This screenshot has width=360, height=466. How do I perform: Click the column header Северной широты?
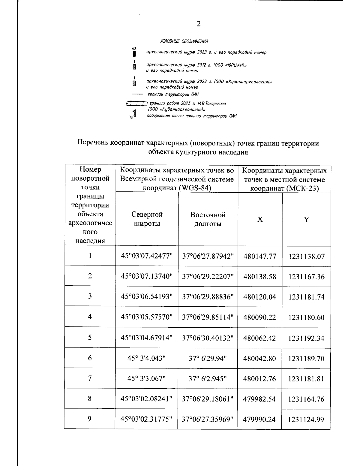(x=147, y=219)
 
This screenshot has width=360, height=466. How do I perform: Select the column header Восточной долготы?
(x=208, y=219)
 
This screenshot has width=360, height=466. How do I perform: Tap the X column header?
(x=260, y=219)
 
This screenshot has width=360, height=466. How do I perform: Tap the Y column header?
(x=306, y=219)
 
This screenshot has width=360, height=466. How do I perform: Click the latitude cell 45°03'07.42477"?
(x=147, y=256)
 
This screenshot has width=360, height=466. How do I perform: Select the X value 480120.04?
(x=259, y=297)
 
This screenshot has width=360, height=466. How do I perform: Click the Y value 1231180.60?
(x=306, y=317)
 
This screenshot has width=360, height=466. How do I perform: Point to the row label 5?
(x=90, y=338)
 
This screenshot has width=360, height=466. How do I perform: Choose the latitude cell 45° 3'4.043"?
(x=147, y=358)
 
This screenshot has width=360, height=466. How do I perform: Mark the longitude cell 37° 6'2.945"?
(x=208, y=379)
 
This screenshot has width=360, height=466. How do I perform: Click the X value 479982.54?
(x=259, y=399)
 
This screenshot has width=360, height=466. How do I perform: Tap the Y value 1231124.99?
(x=306, y=419)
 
